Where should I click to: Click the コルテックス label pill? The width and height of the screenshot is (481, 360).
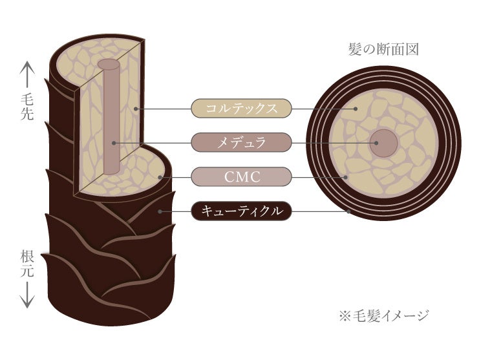click(242, 108)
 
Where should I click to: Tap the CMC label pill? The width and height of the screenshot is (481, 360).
click(242, 176)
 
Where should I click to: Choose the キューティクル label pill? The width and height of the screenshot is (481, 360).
click(242, 210)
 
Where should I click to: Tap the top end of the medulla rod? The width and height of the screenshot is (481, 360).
click(109, 65)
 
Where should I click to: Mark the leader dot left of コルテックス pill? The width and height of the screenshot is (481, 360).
click(134, 108)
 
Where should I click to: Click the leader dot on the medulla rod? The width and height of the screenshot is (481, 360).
click(112, 142)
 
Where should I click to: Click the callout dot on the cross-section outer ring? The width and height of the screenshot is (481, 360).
click(349, 210)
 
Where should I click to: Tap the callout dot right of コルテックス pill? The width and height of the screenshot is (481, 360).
click(355, 108)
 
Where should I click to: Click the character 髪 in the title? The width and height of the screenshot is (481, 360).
click(354, 49)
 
